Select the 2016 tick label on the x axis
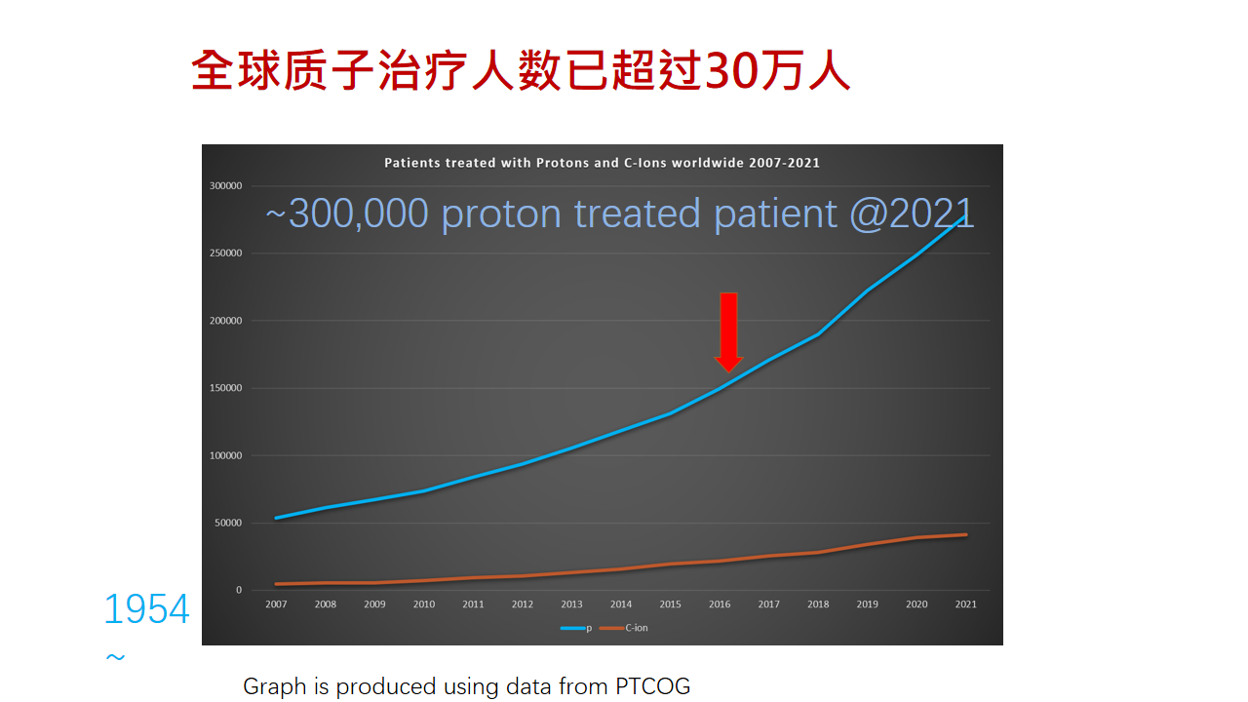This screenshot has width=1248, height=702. tap(720, 604)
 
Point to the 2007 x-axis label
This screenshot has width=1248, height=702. tap(276, 604)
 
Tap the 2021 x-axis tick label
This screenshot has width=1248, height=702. tap(965, 604)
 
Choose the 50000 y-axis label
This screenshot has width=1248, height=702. tap(227, 524)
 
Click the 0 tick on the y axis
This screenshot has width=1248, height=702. tap(238, 591)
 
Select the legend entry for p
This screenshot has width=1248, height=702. tap(576, 628)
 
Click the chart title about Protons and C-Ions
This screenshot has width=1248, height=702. tap(602, 163)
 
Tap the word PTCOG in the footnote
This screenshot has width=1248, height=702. tap(652, 686)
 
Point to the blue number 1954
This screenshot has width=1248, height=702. tap(146, 610)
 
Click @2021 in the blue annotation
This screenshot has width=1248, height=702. tap(911, 214)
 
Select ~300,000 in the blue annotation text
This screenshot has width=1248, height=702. tap(347, 214)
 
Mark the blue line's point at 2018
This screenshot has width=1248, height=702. tap(818, 334)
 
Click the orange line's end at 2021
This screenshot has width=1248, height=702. tap(965, 534)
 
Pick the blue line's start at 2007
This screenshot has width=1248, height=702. tap(277, 518)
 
